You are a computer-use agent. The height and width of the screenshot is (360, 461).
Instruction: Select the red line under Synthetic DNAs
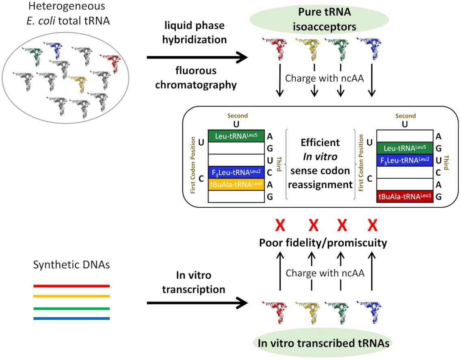coord(71,286)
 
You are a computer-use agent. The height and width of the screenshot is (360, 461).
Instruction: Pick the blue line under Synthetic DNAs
coord(71,318)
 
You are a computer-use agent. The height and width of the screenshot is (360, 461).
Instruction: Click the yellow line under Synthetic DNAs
coord(71,296)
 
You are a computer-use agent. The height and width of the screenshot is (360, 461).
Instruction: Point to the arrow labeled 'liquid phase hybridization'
coord(197,58)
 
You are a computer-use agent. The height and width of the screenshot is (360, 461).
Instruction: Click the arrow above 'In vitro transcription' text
coord(197,302)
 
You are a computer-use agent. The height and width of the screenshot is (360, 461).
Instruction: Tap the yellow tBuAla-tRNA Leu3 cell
coord(236,184)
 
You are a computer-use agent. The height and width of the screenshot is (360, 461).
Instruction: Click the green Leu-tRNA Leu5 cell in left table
coord(236,136)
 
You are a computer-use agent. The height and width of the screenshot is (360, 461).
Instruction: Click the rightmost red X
coord(372,225)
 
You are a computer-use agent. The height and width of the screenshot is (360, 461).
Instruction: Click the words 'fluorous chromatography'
coord(197,78)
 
